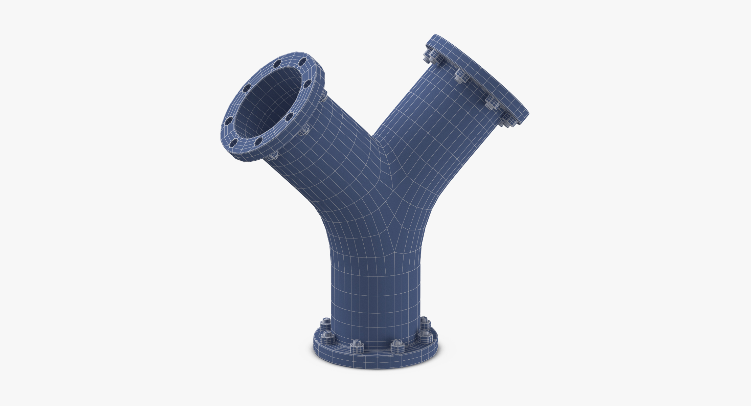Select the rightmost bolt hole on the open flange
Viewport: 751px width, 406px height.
308,83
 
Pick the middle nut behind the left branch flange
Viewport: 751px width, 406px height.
303,129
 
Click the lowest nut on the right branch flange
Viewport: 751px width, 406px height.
507,120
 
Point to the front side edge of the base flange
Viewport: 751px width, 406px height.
375,360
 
